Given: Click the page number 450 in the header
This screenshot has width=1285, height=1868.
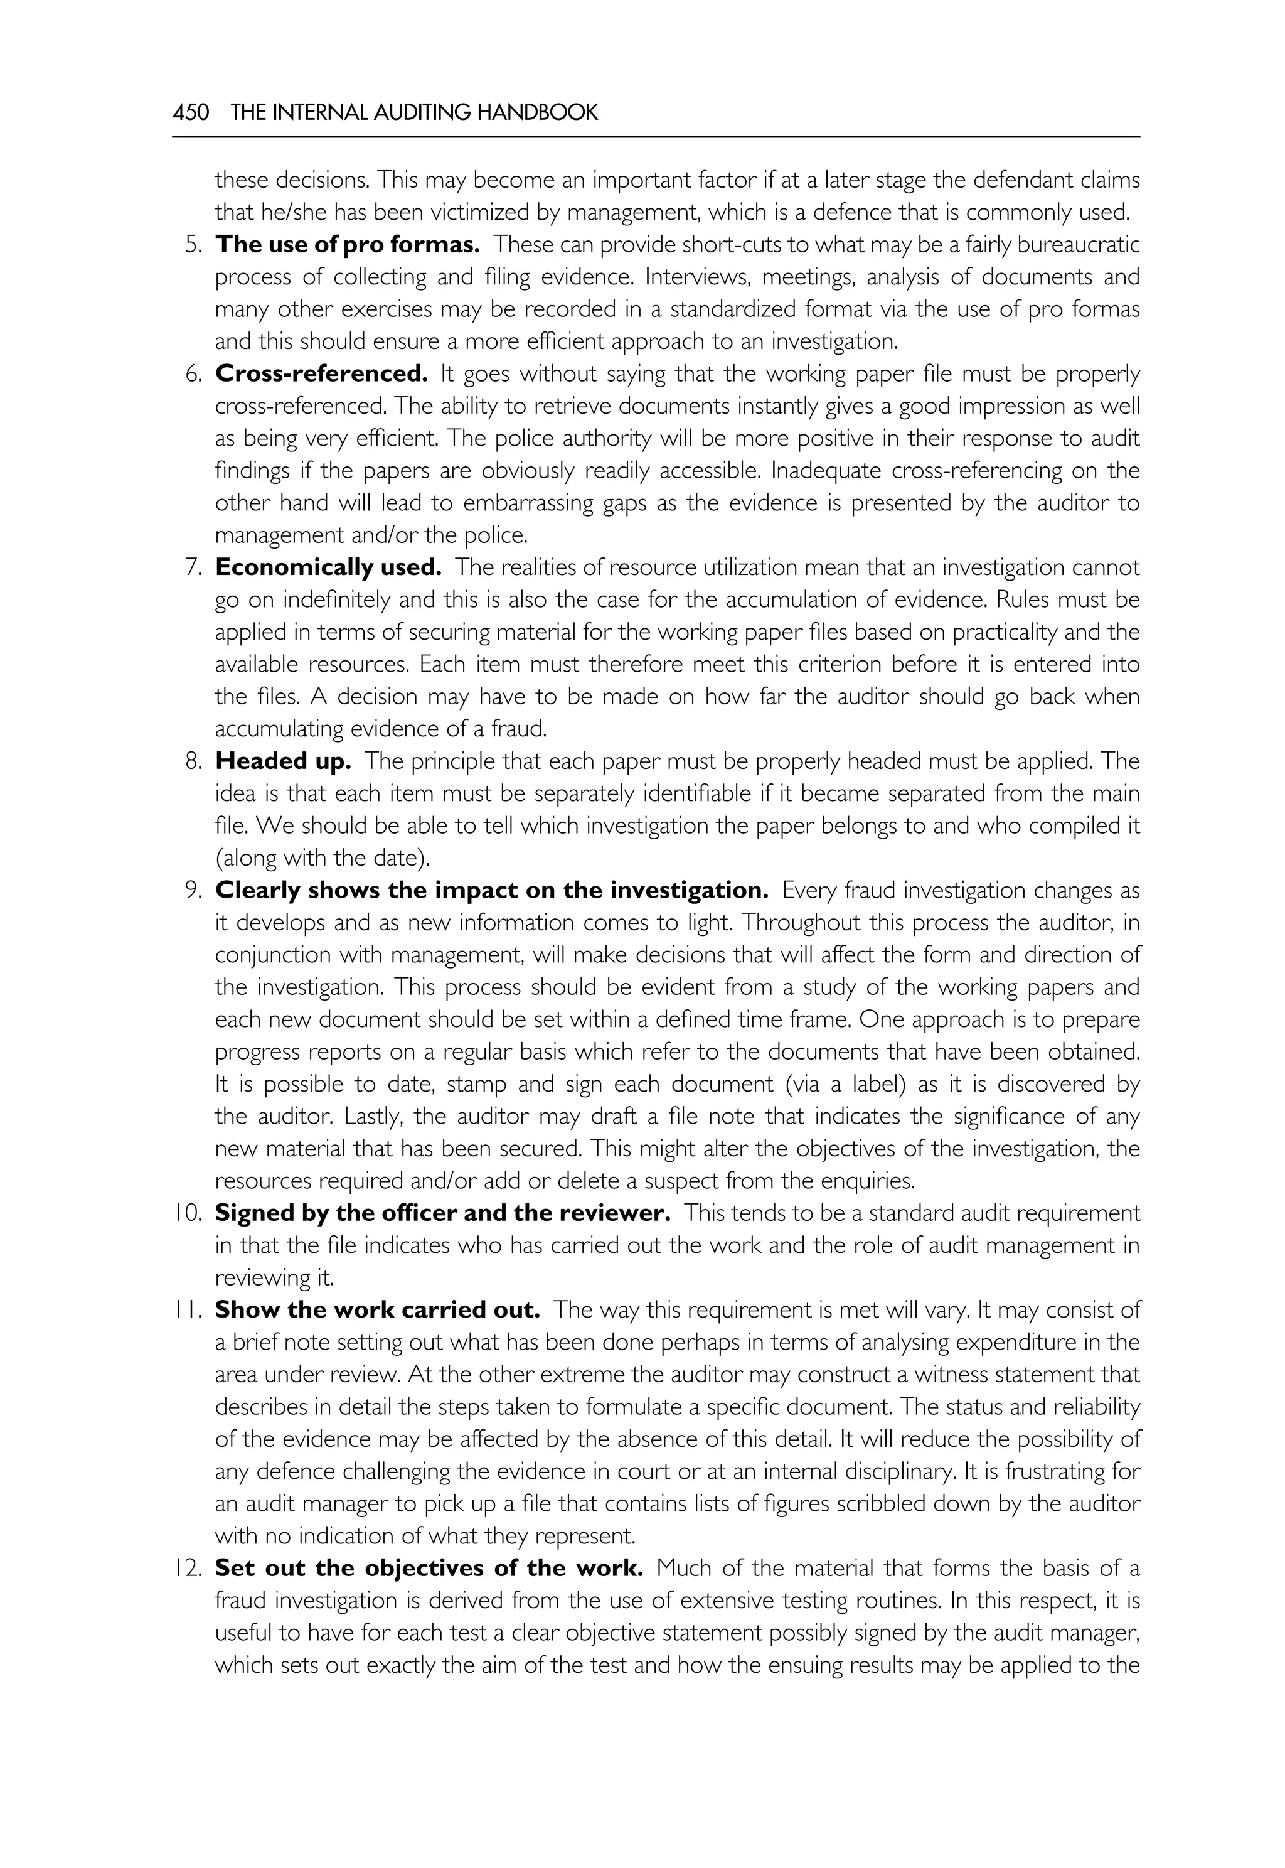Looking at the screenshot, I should (x=191, y=112).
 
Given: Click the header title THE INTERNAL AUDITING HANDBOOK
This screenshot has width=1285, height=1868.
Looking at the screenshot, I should (x=414, y=112).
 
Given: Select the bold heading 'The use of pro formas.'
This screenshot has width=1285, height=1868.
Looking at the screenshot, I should (x=347, y=244).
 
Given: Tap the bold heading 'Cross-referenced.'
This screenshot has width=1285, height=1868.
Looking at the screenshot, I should (x=321, y=373).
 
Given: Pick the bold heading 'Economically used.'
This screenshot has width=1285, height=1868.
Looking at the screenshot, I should (x=328, y=567).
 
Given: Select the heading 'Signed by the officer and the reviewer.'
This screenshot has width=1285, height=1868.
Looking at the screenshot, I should (x=443, y=1212).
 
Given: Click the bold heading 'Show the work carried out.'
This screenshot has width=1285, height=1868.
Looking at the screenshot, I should (x=377, y=1309).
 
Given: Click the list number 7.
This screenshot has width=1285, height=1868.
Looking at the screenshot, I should (x=193, y=567).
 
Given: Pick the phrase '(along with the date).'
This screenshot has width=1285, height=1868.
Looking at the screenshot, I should (x=322, y=858).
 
